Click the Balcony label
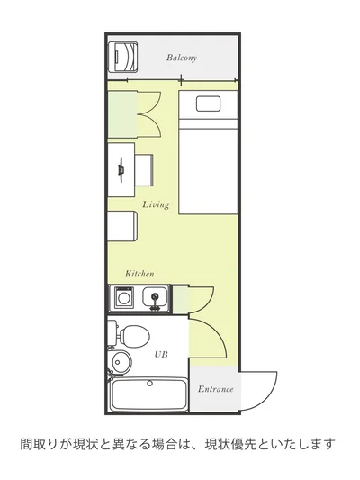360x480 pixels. point(182,58)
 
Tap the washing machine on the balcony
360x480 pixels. point(123,58)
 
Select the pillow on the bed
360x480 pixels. point(208,104)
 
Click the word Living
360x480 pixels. point(156,204)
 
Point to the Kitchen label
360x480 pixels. point(139,274)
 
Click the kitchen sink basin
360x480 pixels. point(155,297)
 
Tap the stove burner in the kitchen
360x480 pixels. point(124,297)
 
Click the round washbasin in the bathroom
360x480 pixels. point(121,362)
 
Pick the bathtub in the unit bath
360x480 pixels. point(149,394)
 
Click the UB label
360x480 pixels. point(161,355)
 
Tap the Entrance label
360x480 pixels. point(215,389)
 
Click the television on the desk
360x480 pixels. point(121,169)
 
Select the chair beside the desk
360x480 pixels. point(144,170)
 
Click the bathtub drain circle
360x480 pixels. point(149,383)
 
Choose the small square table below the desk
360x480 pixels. point(122,226)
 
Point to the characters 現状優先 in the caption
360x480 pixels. point(231,444)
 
